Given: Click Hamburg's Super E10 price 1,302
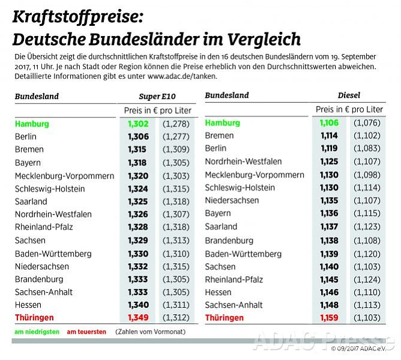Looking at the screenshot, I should [x=138, y=124].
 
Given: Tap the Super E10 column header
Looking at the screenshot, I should [x=157, y=96].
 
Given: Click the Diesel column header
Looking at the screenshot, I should [x=349, y=96].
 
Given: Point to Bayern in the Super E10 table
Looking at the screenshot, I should [x=28, y=162].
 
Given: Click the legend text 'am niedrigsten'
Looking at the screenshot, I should [x=37, y=332].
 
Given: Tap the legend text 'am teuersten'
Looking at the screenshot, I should [x=86, y=332].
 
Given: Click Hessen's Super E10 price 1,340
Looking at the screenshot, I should [x=138, y=305].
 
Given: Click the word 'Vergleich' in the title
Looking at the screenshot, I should [x=265, y=40].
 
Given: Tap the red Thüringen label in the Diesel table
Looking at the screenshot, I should [x=225, y=317].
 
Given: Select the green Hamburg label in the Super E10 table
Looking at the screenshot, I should [x=32, y=124].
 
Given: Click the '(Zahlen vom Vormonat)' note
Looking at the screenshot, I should [x=149, y=332].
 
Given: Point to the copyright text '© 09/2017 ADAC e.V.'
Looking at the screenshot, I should [x=363, y=349].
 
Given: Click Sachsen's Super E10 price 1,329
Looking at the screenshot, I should [x=138, y=240].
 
